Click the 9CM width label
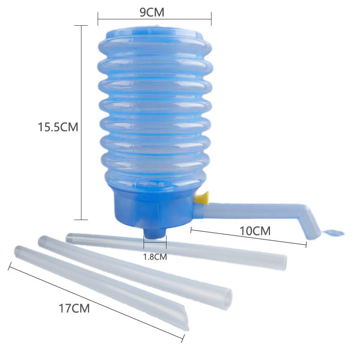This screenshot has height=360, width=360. (152, 13)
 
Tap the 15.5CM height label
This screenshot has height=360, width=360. (58, 127)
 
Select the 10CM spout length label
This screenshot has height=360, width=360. (255, 231)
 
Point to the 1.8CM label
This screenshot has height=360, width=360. (155, 256)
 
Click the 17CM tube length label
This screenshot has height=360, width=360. (74, 308)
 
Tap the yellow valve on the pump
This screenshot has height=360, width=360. (202, 198)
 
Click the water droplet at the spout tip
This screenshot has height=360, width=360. (333, 233)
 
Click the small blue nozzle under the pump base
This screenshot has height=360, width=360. (154, 233)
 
